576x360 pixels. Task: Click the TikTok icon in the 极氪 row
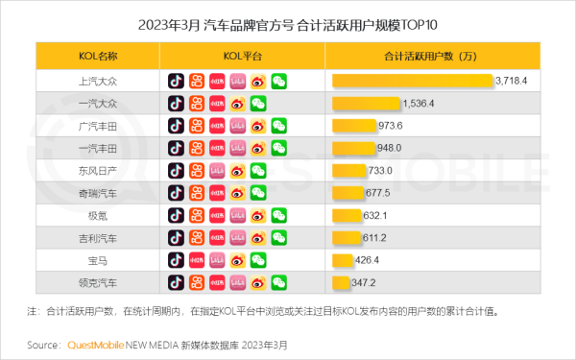tap(176, 215)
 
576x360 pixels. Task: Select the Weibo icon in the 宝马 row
tap(237, 259)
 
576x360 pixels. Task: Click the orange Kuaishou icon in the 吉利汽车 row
tap(196, 237)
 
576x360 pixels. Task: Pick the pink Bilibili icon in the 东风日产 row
tap(217, 171)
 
